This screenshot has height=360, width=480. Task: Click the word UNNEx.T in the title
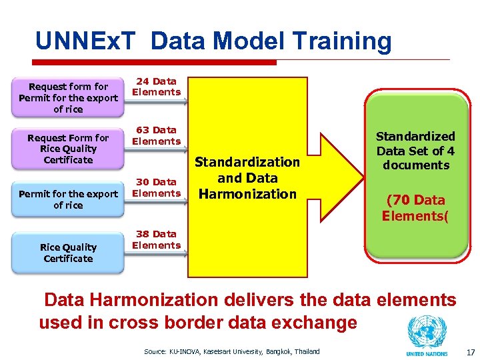pos(87,41)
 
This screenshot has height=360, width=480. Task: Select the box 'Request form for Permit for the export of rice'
pos(68,98)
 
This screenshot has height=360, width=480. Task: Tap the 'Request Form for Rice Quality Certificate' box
pos(68,149)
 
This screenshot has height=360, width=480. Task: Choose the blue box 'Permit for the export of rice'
pos(68,199)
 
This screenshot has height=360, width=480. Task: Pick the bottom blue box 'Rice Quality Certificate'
pos(68,253)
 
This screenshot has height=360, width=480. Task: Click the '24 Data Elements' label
pos(156,87)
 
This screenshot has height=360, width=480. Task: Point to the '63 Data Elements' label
pos(156,135)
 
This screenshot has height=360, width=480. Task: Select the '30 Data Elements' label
pos(156,187)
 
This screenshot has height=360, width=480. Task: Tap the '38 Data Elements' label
pos(156,239)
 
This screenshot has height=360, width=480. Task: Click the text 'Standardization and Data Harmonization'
pos(247,178)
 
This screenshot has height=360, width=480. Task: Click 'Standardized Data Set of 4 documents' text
pos(416,151)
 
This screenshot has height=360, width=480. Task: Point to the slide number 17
pos(470,351)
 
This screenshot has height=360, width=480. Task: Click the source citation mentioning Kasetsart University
pos(231,351)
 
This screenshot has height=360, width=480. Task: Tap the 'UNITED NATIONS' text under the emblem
pos(427,353)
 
